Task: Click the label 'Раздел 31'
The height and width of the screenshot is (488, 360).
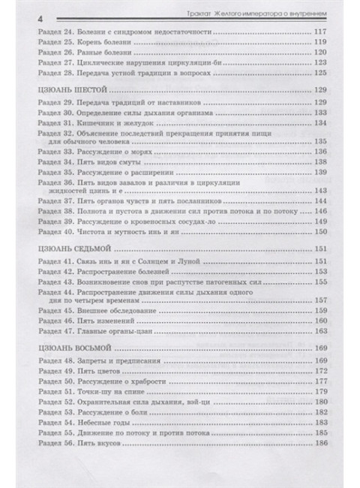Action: (x=58, y=123)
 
